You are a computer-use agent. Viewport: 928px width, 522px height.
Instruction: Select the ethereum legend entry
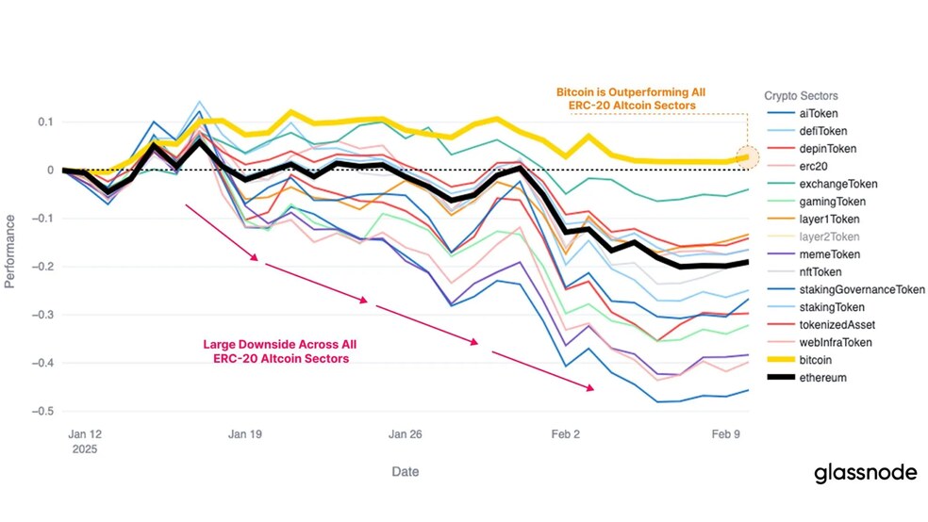pos(806,378)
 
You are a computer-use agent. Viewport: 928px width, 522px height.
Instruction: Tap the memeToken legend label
pos(830,254)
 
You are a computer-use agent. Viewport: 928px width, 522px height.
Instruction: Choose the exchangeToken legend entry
pos(822,184)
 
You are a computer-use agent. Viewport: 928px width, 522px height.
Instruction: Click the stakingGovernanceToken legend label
pos(862,289)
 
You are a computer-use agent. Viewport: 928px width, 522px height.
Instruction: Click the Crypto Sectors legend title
pos(801,96)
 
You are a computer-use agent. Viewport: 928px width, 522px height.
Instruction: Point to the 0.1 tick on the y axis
pos(45,122)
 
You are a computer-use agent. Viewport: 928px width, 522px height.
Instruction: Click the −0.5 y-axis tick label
pos(42,411)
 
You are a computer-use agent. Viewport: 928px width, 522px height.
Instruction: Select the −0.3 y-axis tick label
pos(42,315)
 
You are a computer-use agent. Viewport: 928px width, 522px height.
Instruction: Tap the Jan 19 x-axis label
pos(245,434)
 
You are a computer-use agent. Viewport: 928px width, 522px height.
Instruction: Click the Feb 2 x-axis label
pos(566,434)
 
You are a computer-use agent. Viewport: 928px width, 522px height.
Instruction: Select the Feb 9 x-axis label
pos(725,434)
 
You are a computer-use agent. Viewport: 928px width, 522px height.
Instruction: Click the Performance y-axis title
pos(9,252)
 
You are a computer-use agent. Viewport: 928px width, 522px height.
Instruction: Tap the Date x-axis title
pos(406,472)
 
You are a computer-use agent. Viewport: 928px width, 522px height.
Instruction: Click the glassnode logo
pos(865,474)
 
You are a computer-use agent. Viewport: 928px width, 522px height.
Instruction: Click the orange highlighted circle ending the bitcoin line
pos(748,157)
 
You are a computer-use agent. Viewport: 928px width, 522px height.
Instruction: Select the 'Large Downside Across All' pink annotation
pos(280,344)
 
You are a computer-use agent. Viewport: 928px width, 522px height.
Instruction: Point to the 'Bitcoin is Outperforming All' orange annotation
pos(631,92)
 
